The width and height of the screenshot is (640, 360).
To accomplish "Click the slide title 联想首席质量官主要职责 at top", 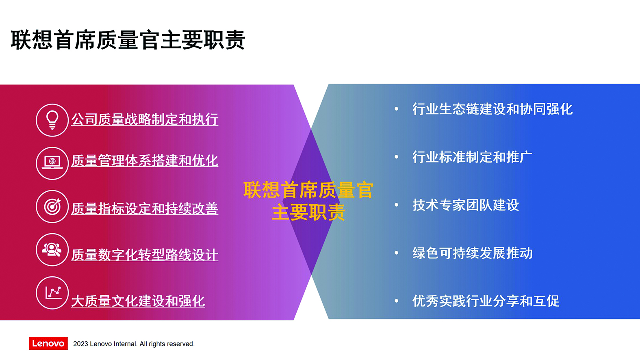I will coord(128,40).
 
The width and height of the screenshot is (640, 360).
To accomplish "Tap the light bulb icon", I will coord(52,120).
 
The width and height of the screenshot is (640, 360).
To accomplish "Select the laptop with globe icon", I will coord(52,163).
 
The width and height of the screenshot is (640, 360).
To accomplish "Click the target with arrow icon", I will coord(52,206).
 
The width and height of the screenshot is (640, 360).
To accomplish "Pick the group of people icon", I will coord(52,249).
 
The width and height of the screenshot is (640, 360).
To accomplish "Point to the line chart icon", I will coord(52,293).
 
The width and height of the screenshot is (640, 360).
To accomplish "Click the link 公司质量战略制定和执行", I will coord(145,119).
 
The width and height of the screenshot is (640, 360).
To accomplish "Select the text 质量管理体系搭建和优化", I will coord(145,161).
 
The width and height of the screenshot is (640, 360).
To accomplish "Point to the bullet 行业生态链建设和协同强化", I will coord(492,109).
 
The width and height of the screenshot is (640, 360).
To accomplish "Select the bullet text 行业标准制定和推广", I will coord(472,157).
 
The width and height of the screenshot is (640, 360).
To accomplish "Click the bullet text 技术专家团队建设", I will coord(466,205).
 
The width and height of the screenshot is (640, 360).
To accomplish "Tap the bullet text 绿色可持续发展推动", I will coord(472,253).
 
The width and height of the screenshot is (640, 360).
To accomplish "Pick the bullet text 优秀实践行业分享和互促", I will coord(486,301).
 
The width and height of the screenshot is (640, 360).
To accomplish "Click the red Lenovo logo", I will coord(48,343).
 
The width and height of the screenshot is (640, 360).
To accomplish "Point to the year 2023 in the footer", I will coord(80,344).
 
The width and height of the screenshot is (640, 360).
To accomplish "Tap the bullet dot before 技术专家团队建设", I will coord(396,205).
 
